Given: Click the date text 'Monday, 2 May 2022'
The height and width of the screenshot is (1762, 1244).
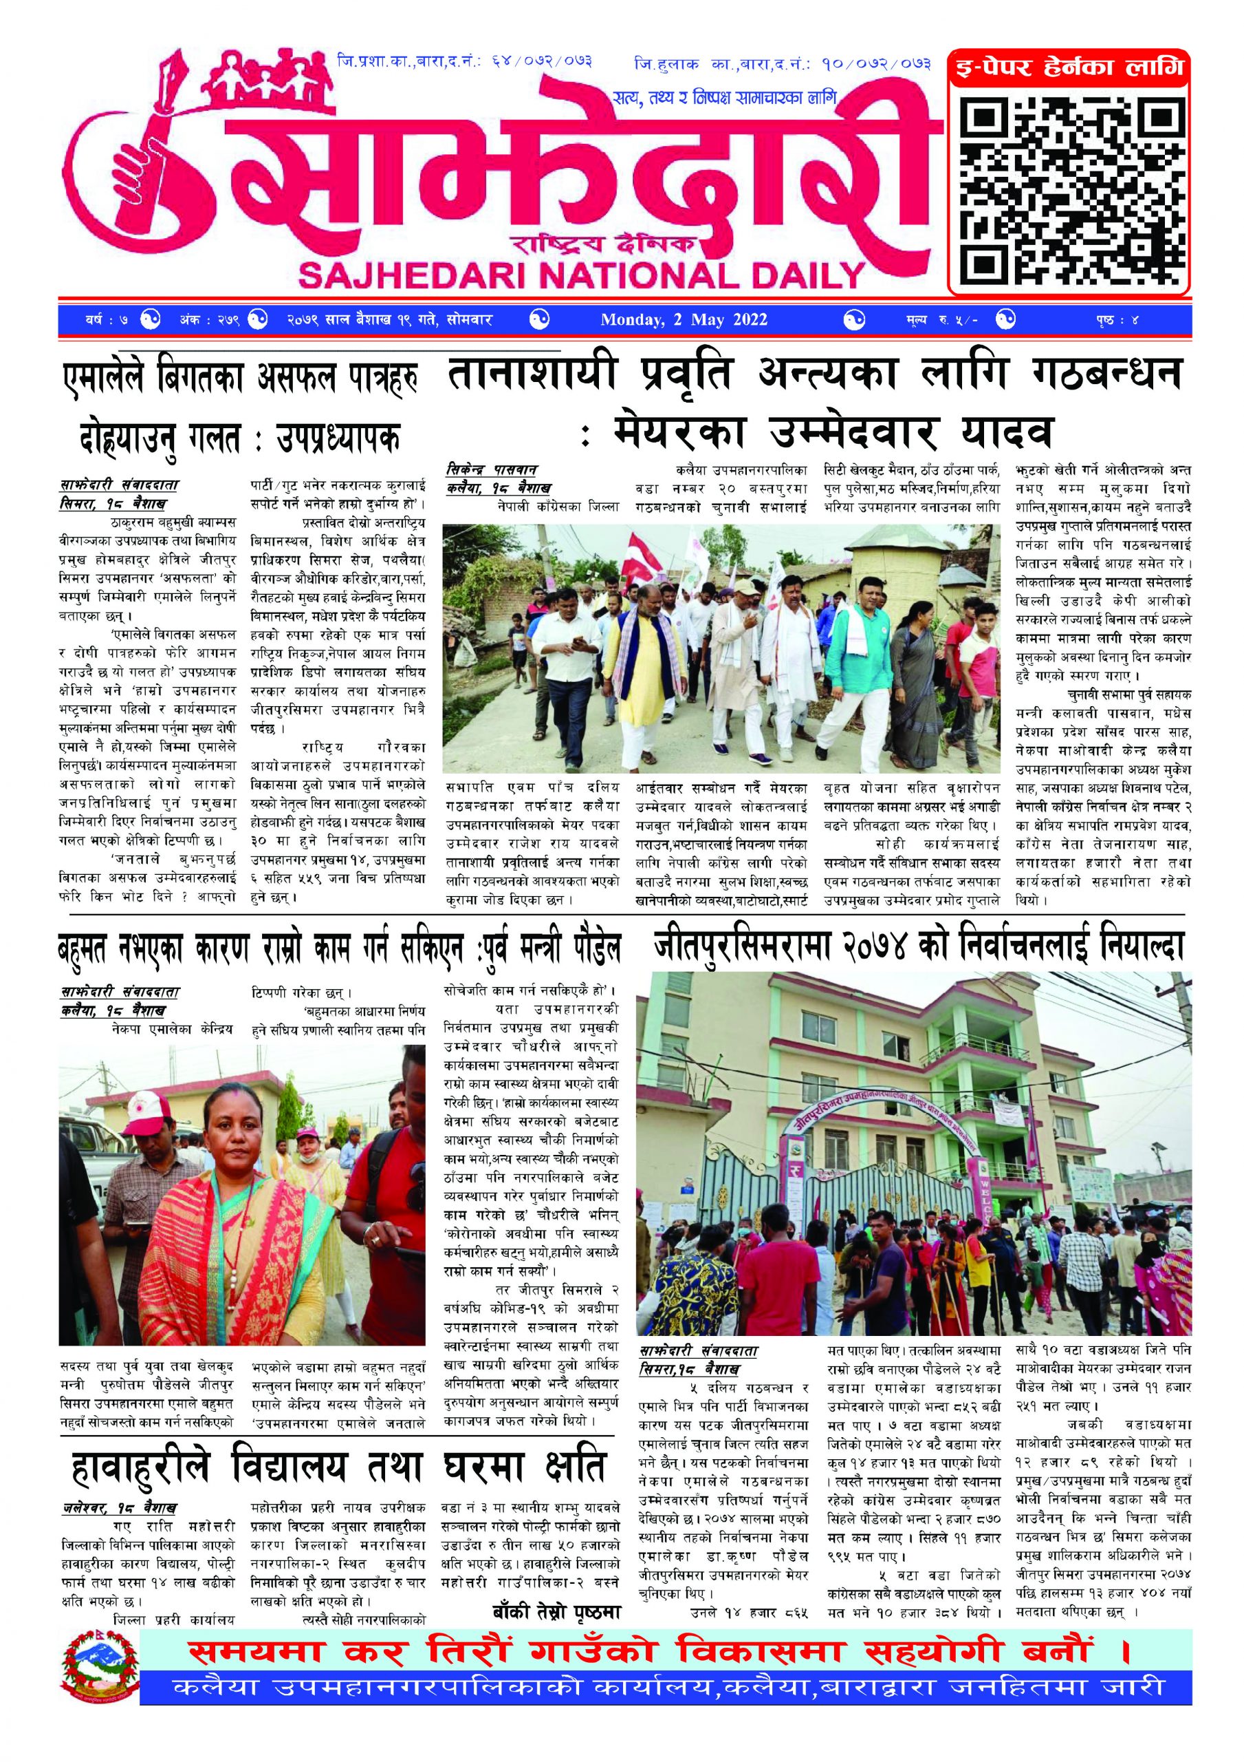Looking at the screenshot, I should point(684,320).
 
